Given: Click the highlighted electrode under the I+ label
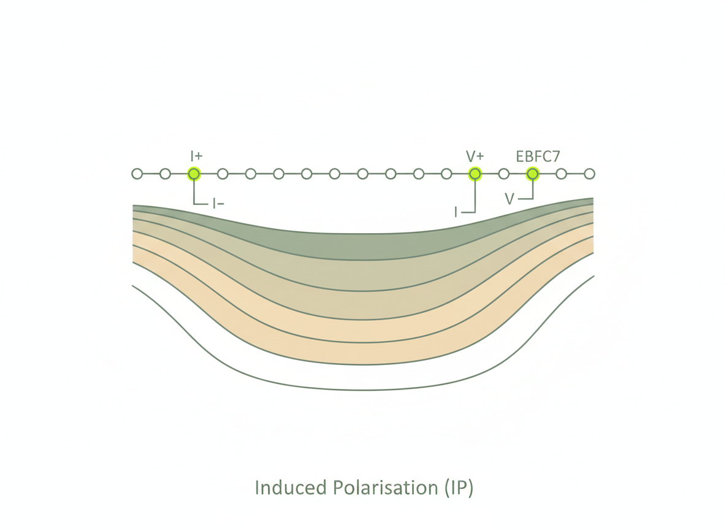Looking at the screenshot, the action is (194, 174).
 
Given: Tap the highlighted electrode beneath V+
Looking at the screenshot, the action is (475, 174).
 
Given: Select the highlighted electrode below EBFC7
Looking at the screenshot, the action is (532, 174).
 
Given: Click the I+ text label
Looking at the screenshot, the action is (196, 156).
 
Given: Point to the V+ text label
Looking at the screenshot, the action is (475, 156).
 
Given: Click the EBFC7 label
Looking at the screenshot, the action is (538, 156).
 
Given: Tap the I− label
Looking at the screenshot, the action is (218, 204).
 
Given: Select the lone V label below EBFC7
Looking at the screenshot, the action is (510, 199).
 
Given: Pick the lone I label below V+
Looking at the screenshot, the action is (456, 212).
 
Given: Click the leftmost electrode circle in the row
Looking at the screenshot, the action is (137, 174).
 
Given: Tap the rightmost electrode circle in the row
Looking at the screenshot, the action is (589, 174).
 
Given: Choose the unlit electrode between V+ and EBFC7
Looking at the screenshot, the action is (503, 174).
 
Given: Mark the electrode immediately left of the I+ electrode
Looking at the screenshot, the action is (165, 174).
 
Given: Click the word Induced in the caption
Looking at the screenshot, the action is (291, 488).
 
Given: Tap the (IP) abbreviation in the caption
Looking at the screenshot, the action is (457, 488).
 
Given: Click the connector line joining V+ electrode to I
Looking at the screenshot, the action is (475, 196).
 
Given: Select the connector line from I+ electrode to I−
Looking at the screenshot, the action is (194, 193).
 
